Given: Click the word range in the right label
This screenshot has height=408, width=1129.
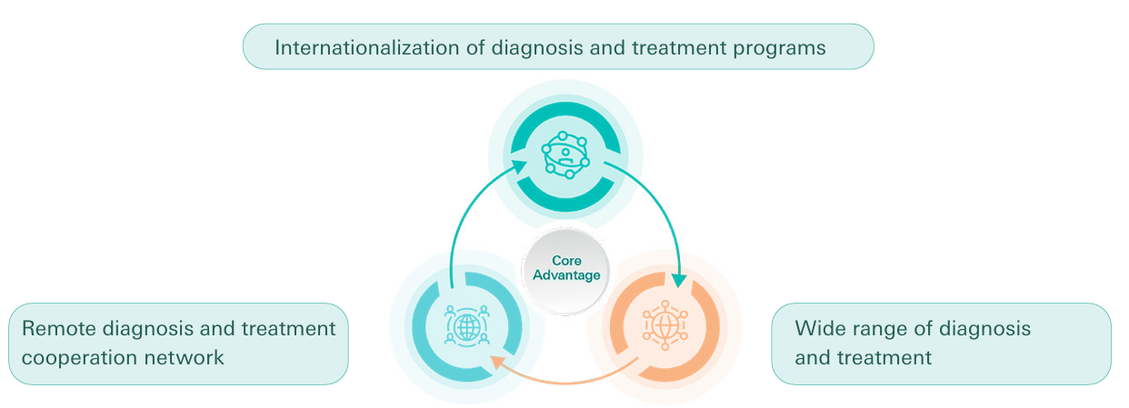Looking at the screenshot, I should pyautogui.click(x=870, y=328).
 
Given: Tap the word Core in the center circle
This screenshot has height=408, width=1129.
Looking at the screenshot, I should pyautogui.click(x=566, y=262).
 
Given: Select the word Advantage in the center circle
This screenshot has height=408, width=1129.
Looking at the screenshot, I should pyautogui.click(x=566, y=275).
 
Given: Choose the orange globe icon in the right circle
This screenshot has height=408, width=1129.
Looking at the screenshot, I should pyautogui.click(x=665, y=323).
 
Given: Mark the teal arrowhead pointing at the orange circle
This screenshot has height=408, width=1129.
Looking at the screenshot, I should pyautogui.click(x=678, y=281).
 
